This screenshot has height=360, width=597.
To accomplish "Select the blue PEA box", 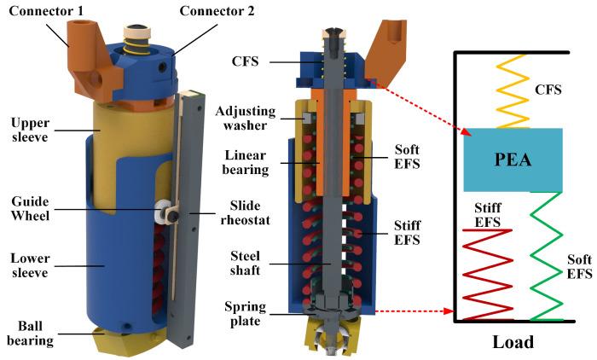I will pyautogui.click(x=512, y=160).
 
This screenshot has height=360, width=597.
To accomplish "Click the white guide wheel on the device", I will pyautogui.click(x=160, y=210).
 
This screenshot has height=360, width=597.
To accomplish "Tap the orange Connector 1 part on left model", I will pyautogui.click(x=85, y=60).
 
